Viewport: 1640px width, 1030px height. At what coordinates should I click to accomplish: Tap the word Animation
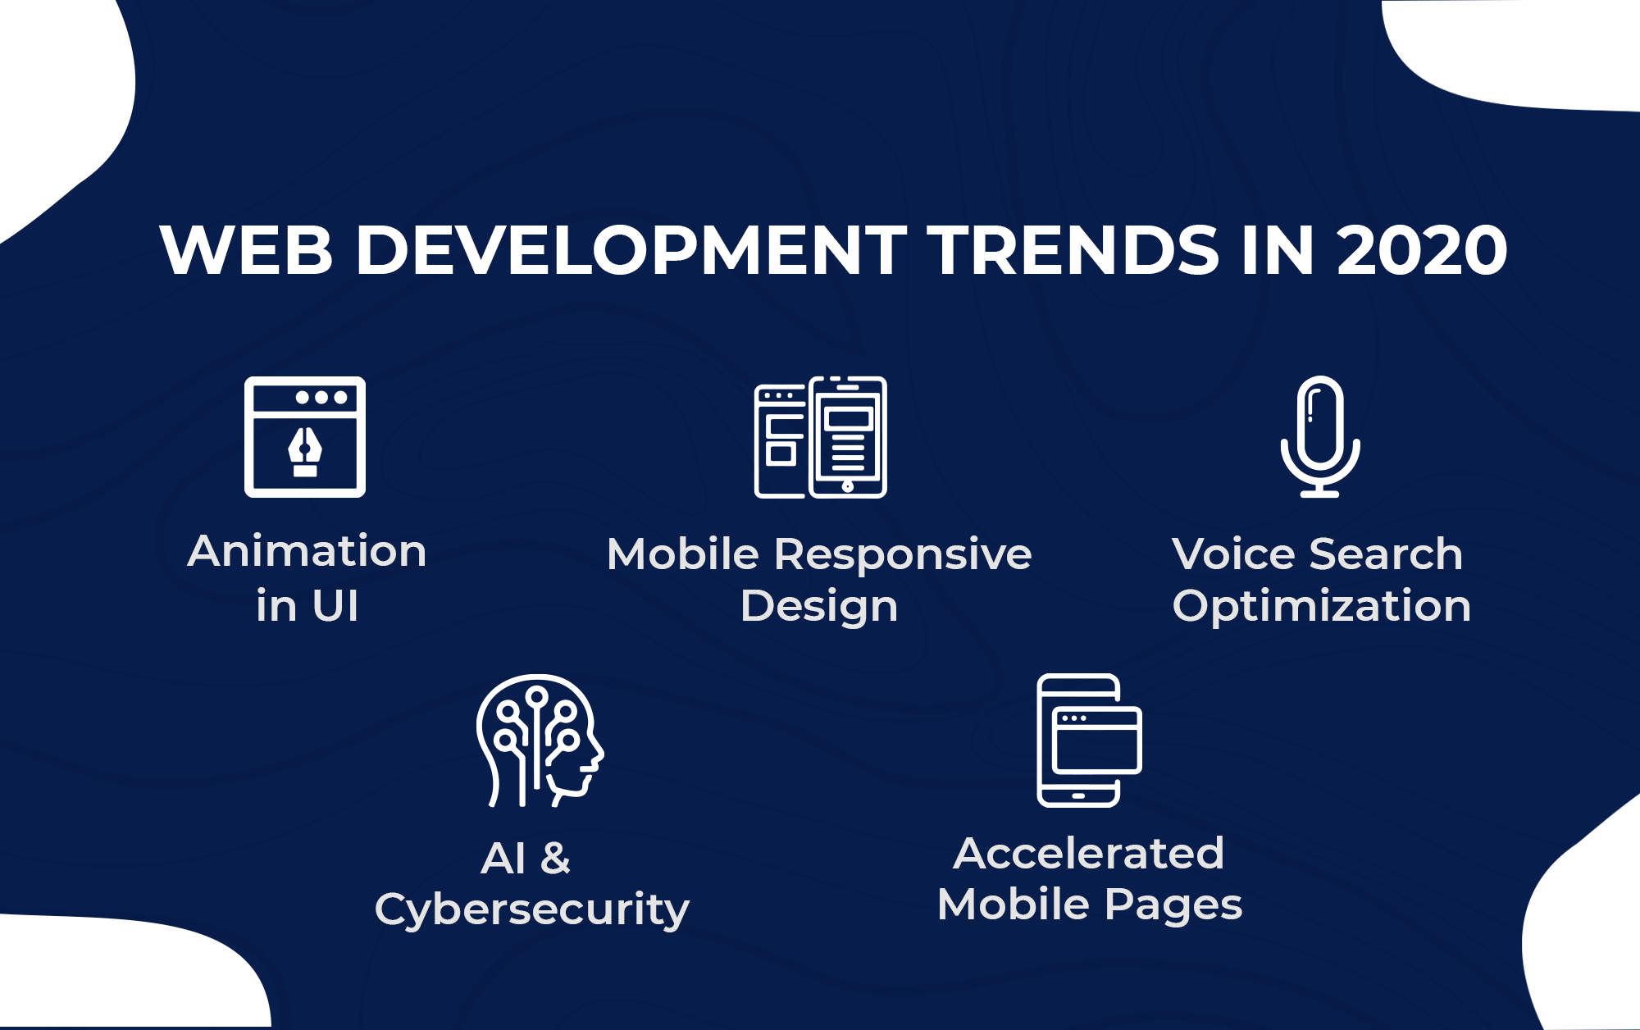tap(307, 551)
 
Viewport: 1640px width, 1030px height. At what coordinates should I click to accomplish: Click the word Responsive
tap(903, 555)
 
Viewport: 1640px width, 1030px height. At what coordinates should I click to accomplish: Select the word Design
tap(819, 608)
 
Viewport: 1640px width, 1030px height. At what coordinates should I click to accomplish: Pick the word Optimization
tap(1321, 608)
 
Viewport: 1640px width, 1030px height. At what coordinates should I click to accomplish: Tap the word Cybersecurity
tap(531, 910)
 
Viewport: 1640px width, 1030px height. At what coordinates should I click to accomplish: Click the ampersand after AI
tap(555, 859)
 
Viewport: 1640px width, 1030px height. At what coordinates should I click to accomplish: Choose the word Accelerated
tap(1089, 854)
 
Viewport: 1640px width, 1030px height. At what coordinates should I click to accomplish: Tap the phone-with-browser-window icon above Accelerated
tap(1088, 741)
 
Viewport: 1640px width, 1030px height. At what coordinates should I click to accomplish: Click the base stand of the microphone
tap(1320, 493)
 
